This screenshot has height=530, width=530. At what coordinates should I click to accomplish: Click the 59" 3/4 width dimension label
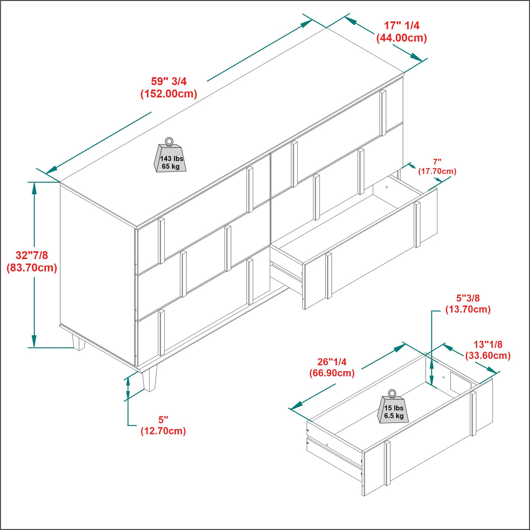(169, 81)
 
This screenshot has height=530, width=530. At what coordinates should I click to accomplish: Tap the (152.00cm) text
(169, 94)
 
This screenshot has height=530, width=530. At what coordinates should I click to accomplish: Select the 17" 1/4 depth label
(402, 26)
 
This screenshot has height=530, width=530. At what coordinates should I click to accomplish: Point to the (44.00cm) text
(402, 38)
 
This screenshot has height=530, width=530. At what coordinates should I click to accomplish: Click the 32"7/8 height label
(32, 255)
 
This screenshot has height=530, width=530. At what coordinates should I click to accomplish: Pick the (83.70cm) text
(32, 268)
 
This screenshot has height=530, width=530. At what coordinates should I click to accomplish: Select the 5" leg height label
(163, 420)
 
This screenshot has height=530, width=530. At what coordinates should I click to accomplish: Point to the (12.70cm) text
(163, 431)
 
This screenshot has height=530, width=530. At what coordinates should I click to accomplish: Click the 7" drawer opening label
(437, 162)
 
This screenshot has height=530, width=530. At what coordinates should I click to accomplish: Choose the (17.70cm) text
(437, 171)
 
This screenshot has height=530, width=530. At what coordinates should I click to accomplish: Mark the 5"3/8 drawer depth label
(468, 298)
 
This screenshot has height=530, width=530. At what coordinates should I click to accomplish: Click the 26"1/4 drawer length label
(332, 361)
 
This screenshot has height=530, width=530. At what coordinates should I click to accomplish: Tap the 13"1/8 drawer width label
(488, 344)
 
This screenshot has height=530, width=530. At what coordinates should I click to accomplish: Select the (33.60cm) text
(488, 356)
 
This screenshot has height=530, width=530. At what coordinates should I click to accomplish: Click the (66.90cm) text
(332, 373)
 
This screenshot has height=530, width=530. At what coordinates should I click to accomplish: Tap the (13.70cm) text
(468, 310)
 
